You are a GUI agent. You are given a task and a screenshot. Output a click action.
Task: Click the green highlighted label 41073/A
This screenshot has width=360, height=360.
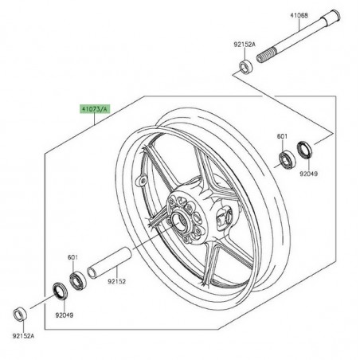coord(95,109)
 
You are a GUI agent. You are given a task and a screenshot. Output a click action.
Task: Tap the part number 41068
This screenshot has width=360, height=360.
coord(299,15)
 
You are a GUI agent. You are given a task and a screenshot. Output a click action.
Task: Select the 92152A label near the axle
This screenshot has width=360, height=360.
coord(245,45)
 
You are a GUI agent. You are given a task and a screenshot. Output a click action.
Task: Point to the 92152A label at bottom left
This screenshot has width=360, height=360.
coord(23,336)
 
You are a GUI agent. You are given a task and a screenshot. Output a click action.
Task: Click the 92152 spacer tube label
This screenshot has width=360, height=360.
coord(116,281)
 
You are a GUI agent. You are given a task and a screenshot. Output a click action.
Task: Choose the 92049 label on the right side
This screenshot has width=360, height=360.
coord(309,174)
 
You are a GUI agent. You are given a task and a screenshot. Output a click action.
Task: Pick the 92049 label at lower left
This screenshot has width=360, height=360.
coord(65,315)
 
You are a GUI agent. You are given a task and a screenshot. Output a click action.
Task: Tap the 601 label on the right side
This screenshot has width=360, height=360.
coord(282,136)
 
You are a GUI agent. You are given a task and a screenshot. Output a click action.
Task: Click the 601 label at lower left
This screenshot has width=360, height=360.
coord(72,257)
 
